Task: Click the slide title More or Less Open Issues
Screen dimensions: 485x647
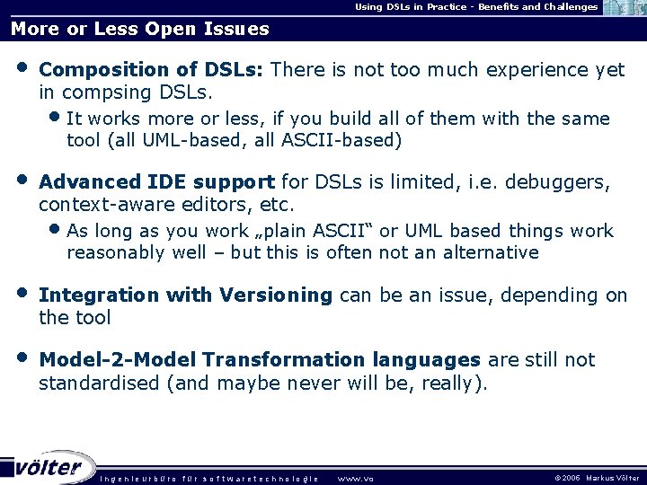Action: [139, 29]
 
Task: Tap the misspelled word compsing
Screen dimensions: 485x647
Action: [100, 93]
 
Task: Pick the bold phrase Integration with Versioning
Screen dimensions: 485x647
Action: [186, 295]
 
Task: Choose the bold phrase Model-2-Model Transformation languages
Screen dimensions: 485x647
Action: [261, 360]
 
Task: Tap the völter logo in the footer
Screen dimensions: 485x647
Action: [49, 468]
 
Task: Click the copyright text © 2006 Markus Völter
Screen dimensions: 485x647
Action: [598, 478]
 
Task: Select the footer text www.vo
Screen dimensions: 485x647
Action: [355, 478]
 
